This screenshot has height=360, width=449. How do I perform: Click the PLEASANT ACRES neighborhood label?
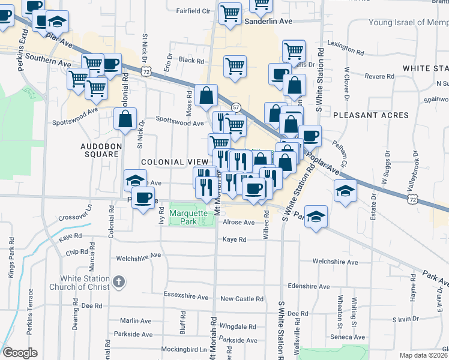[371, 115]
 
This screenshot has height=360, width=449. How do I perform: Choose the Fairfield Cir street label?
[193, 11]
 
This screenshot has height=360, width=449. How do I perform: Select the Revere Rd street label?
[379, 77]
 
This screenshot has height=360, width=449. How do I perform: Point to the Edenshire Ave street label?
[309, 287]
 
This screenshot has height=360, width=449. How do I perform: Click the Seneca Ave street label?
[349, 337]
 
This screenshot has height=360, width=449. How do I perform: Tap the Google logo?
[20, 353]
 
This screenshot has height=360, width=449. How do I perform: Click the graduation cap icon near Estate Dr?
[345, 191]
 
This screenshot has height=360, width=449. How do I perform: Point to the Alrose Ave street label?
[239, 222]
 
